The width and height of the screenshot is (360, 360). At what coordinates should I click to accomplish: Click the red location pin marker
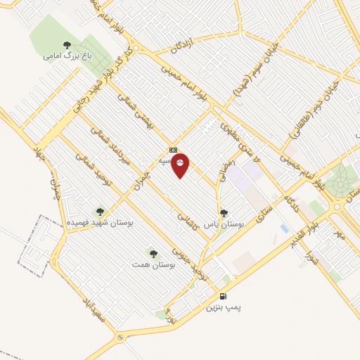point(181,165)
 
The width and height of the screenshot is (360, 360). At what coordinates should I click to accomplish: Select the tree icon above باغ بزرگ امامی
point(67,44)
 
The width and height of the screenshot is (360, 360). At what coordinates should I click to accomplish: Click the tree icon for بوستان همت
point(153,253)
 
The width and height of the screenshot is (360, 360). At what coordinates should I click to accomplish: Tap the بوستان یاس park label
point(223,224)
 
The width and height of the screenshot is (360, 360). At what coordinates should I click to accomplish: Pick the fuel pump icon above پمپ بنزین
point(224,297)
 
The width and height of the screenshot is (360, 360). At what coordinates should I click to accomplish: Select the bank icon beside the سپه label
point(173,150)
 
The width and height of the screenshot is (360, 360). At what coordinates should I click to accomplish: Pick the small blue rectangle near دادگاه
point(283,229)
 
